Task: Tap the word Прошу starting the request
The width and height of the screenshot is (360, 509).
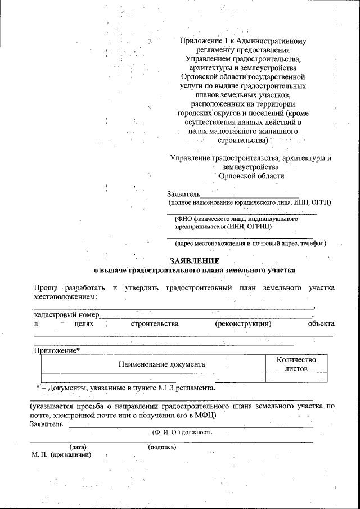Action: click(x=44, y=288)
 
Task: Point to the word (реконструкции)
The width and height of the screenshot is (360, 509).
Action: click(x=243, y=323)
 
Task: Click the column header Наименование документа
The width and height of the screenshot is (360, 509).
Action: click(x=161, y=364)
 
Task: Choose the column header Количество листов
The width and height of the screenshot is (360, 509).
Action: click(x=296, y=364)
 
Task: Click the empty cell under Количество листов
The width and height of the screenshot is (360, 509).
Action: click(x=296, y=377)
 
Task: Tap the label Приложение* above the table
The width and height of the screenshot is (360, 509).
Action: click(x=57, y=350)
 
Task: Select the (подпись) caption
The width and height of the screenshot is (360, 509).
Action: click(x=162, y=447)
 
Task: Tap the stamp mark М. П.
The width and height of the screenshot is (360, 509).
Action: click(x=39, y=454)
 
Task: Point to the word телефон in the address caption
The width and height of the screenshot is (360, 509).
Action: click(x=313, y=244)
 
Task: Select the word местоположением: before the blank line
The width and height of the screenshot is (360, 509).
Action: click(x=66, y=296)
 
